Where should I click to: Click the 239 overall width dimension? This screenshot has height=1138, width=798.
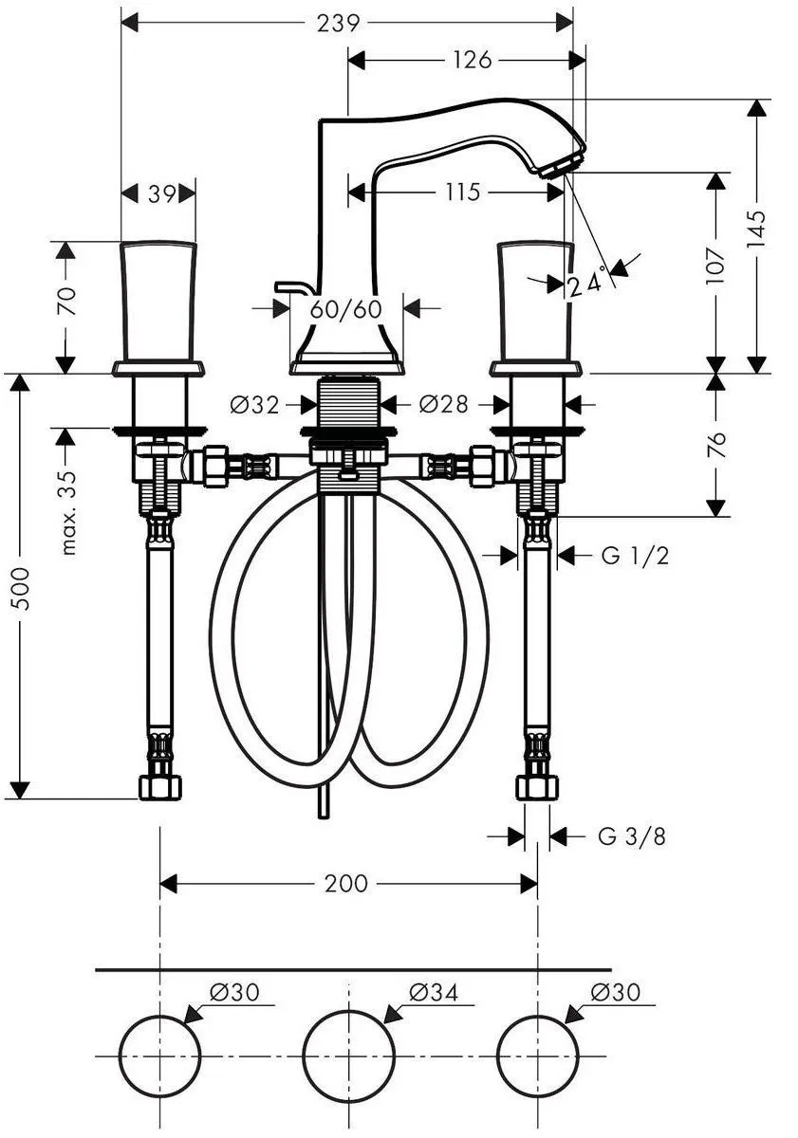click(339, 23)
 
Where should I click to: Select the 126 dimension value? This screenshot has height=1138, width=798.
click(472, 61)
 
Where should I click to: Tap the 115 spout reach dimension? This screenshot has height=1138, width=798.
click(462, 193)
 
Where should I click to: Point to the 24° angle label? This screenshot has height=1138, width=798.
click(585, 284)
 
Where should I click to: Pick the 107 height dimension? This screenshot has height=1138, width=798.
click(716, 266)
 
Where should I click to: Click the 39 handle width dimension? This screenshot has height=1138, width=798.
click(161, 193)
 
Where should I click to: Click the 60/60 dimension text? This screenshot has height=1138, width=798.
click(345, 308)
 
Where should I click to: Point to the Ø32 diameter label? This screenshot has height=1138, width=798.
click(255, 405)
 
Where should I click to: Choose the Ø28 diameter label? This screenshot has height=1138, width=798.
click(443, 405)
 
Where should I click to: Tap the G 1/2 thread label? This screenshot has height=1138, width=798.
click(635, 556)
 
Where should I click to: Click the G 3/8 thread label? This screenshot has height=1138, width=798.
click(632, 836)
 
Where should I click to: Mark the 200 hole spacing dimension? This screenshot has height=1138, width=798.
click(345, 884)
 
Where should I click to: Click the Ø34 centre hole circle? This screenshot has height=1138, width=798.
click(348, 1055)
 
